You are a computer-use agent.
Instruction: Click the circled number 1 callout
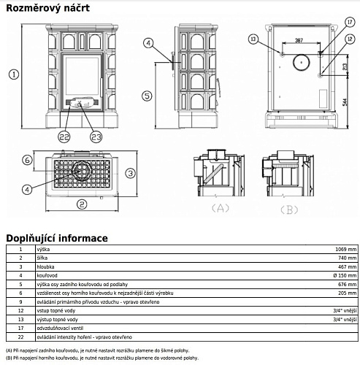point(14,74)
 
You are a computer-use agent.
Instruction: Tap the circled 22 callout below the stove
point(64,137)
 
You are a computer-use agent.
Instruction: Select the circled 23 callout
point(96,137)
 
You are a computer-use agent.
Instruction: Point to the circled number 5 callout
point(147,96)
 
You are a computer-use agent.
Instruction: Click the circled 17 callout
point(350,23)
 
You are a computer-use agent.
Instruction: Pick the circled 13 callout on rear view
point(253,39)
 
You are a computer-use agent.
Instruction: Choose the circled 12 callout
point(350,39)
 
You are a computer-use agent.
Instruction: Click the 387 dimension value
point(299,40)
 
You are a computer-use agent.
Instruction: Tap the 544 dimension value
point(345,102)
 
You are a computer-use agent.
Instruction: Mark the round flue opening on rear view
point(302,62)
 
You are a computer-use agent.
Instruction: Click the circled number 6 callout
point(27,160)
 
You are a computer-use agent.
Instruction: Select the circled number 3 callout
point(131,173)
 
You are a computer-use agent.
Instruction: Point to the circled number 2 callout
point(82,204)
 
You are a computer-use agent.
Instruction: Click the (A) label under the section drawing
point(221,208)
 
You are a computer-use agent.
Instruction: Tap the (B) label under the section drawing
point(289,210)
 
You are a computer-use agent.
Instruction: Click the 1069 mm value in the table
point(345,249)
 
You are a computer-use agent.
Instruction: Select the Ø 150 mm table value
point(345,275)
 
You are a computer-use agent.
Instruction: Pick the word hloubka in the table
point(45,266)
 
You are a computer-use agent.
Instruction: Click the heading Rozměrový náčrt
point(47,8)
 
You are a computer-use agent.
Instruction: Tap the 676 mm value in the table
point(348,284)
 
